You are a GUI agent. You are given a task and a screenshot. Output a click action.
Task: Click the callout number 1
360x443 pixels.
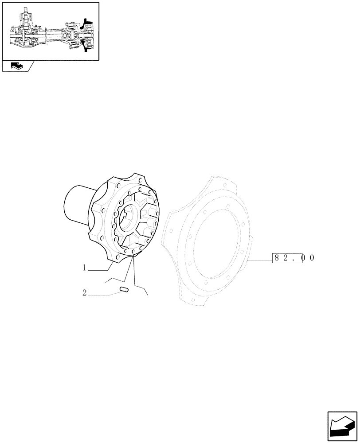(x=83, y=268)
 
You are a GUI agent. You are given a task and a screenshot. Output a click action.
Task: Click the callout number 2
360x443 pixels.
(x=84, y=292)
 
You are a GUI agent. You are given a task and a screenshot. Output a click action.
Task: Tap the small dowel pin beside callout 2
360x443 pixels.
(x=124, y=290)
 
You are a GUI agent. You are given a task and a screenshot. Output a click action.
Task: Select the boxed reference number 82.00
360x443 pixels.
(x=288, y=258)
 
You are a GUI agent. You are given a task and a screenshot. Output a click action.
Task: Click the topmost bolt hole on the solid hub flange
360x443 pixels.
(x=140, y=180)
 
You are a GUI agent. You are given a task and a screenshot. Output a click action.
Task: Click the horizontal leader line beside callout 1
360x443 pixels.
(x=100, y=270)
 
